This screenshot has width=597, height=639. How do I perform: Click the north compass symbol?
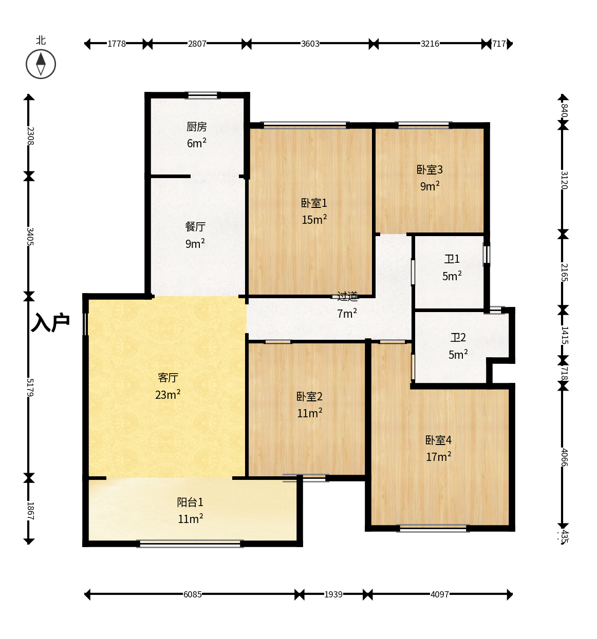41,64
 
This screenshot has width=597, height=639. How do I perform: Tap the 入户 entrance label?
50,322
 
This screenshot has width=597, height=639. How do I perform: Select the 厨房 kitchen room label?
196,127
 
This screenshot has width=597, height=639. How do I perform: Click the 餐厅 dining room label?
195,227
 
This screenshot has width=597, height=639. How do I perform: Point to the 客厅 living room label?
168,377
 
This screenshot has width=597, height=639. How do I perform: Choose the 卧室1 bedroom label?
314,203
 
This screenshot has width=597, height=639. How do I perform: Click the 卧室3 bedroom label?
430,169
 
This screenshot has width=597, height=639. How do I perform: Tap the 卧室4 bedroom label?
438,440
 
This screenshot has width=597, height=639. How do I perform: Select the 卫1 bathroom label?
452,259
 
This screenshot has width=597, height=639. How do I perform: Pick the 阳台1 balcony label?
190,502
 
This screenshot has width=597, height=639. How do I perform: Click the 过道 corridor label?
347,296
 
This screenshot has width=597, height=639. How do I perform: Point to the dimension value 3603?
310,44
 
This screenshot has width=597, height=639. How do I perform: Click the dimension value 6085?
192,594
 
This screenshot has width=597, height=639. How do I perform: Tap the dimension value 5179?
30,388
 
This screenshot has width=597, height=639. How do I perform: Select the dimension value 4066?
564,457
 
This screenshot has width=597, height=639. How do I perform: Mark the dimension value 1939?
333,594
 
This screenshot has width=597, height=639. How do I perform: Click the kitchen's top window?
202,95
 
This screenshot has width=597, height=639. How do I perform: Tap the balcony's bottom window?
190,544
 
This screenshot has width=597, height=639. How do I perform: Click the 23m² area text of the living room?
167,394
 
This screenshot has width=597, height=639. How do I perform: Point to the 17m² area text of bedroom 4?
438,457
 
